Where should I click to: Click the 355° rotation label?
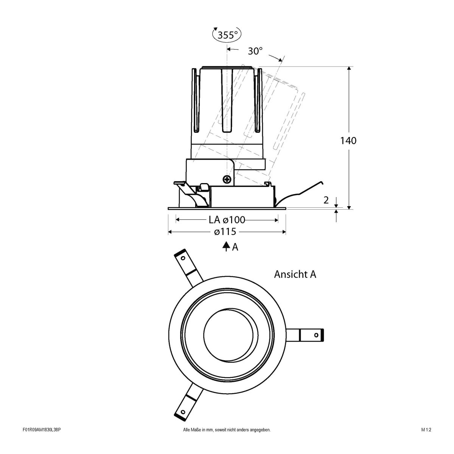pos(227,35)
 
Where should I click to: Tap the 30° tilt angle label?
pos(255,51)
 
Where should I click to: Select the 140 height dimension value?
pos(348,141)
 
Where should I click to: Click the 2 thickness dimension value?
pos(326,201)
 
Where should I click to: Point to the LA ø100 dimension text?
pos(227,219)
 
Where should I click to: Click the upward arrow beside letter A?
pos(226,247)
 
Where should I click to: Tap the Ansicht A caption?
pos(295,274)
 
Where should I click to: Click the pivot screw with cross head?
pos(227,179)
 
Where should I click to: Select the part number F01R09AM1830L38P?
pos(42,440)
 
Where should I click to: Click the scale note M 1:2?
pos(426,440)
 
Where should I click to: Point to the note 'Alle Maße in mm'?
pos(226,440)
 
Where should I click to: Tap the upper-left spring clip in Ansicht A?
pos(187,268)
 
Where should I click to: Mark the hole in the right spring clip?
pos(316,335)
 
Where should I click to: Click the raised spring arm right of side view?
pos(303,191)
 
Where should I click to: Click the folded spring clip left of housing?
pos(189,193)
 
